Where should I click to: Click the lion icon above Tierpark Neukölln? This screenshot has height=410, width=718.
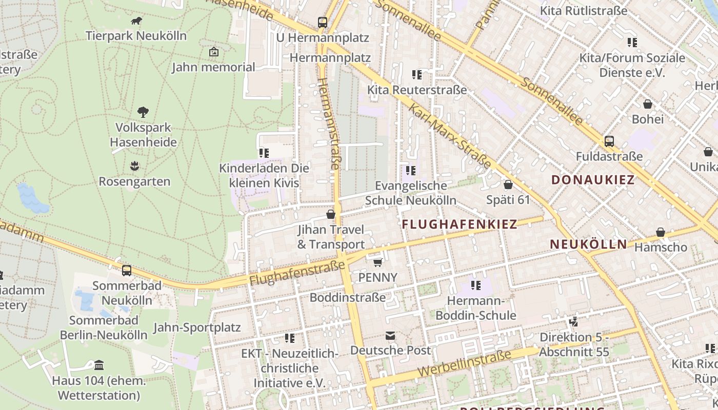click(136, 21)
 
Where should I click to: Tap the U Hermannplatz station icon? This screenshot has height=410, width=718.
click(322, 23)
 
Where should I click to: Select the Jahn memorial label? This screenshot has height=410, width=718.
click(213, 67)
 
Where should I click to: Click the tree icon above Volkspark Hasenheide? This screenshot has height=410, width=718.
click(143, 112)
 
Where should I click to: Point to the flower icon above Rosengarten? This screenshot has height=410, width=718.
click(134, 166)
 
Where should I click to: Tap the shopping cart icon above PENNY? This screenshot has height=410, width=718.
click(378, 262)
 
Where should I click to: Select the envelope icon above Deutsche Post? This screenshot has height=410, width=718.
click(390, 336)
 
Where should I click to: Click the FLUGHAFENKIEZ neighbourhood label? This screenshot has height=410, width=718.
click(459, 224)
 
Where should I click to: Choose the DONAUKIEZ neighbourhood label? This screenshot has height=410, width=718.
click(593, 180)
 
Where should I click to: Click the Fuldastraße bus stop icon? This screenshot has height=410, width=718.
click(609, 141)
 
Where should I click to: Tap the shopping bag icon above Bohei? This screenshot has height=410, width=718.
click(647, 104)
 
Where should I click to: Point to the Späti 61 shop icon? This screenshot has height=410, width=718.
click(508, 184)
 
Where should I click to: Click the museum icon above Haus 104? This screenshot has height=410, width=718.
click(99, 365)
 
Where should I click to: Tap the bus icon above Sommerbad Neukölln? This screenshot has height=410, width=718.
click(126, 270)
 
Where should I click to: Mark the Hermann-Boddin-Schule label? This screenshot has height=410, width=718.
click(475, 307)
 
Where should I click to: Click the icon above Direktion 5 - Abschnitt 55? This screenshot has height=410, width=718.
click(574, 322)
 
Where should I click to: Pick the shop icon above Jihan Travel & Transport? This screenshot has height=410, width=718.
click(331, 214)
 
